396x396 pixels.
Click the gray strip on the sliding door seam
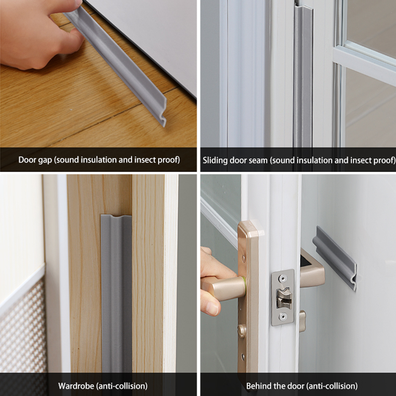303,79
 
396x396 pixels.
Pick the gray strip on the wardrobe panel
116,293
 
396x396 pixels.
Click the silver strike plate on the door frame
283,297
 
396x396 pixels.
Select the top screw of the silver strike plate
282,278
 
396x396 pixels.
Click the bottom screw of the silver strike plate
282,316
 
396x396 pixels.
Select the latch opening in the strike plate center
284,298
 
